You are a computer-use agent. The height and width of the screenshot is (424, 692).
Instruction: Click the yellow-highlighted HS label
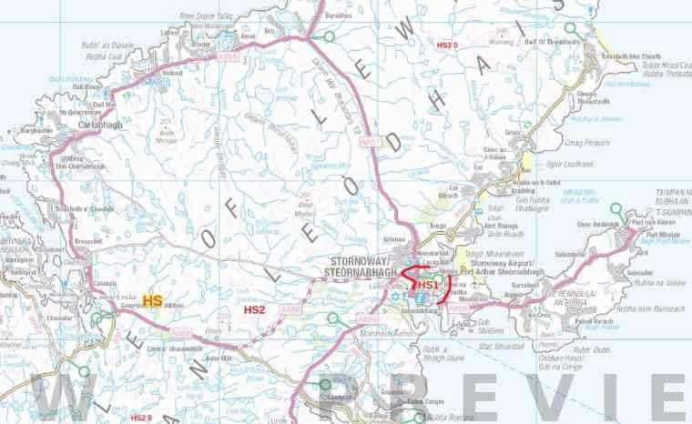(152, 300)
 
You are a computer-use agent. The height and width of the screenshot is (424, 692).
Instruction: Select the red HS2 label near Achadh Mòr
(255, 310)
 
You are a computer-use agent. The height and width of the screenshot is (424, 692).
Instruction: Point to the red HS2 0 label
(446, 44)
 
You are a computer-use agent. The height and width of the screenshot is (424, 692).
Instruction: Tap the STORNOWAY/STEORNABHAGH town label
(366, 264)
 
